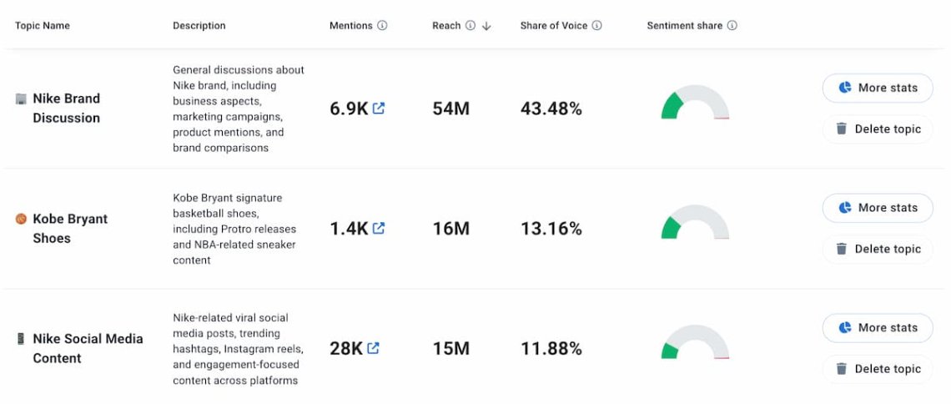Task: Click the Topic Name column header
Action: tap(43, 26)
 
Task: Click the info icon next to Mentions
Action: tap(382, 26)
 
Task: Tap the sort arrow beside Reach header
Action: tap(486, 26)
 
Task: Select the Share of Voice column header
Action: tap(553, 26)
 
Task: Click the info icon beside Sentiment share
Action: tap(732, 26)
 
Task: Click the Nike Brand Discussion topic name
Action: tap(66, 109)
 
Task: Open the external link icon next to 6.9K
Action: tap(379, 109)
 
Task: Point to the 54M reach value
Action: tap(450, 109)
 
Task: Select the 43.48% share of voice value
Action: tap(551, 109)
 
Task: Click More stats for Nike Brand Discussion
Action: tap(877, 88)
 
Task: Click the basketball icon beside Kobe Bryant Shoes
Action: tap(21, 219)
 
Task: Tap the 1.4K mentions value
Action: tap(348, 229)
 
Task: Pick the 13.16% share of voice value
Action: tap(551, 229)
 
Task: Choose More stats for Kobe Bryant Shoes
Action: tap(877, 208)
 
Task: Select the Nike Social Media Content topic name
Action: tap(87, 348)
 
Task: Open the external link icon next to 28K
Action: tap(373, 348)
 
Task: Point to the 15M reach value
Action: tap(450, 349)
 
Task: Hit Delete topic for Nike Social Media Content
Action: tap(877, 369)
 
